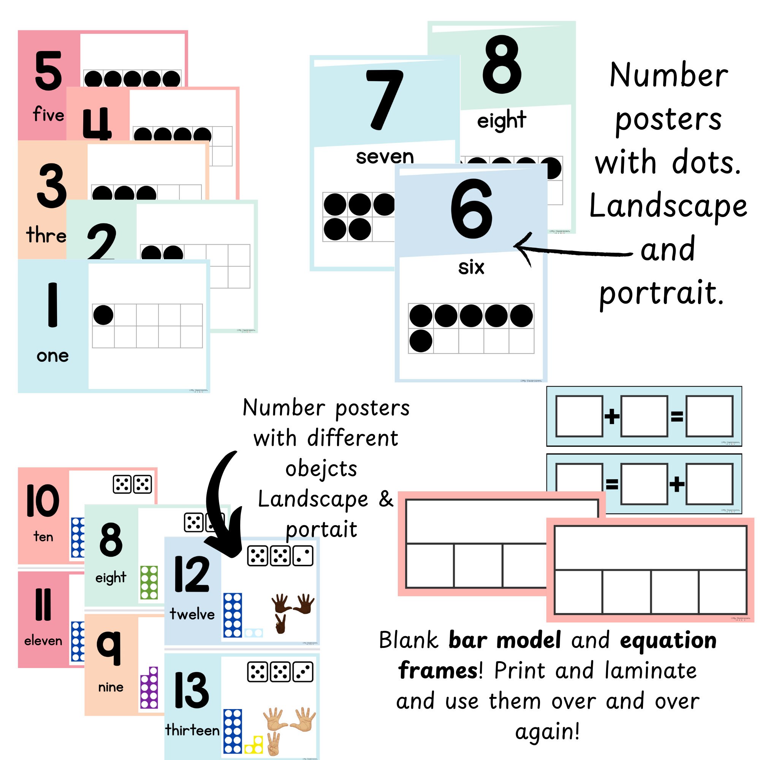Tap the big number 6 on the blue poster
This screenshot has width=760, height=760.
pyautogui.click(x=471, y=209)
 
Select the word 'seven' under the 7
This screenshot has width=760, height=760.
pyautogui.click(x=385, y=157)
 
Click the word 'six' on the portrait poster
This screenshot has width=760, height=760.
pyautogui.click(x=471, y=268)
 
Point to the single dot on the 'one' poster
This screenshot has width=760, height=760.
pyautogui.click(x=103, y=315)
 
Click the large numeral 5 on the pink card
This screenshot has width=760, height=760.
pyautogui.click(x=48, y=71)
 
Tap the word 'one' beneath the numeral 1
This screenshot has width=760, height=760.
pyautogui.click(x=52, y=356)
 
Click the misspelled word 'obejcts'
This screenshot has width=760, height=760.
pyautogui.click(x=321, y=469)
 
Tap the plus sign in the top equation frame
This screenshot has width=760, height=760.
pyautogui.click(x=611, y=416)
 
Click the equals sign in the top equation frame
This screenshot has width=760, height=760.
pyautogui.click(x=677, y=416)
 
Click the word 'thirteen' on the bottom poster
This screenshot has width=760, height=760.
pyautogui.click(x=192, y=730)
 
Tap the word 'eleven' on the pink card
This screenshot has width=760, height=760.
pyautogui.click(x=43, y=641)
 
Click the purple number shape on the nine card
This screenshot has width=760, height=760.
pyautogui.click(x=149, y=688)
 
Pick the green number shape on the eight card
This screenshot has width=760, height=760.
pyautogui.click(x=149, y=582)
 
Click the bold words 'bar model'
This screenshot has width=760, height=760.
pyautogui.click(x=504, y=640)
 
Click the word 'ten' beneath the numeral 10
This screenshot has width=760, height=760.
pyautogui.click(x=43, y=537)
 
